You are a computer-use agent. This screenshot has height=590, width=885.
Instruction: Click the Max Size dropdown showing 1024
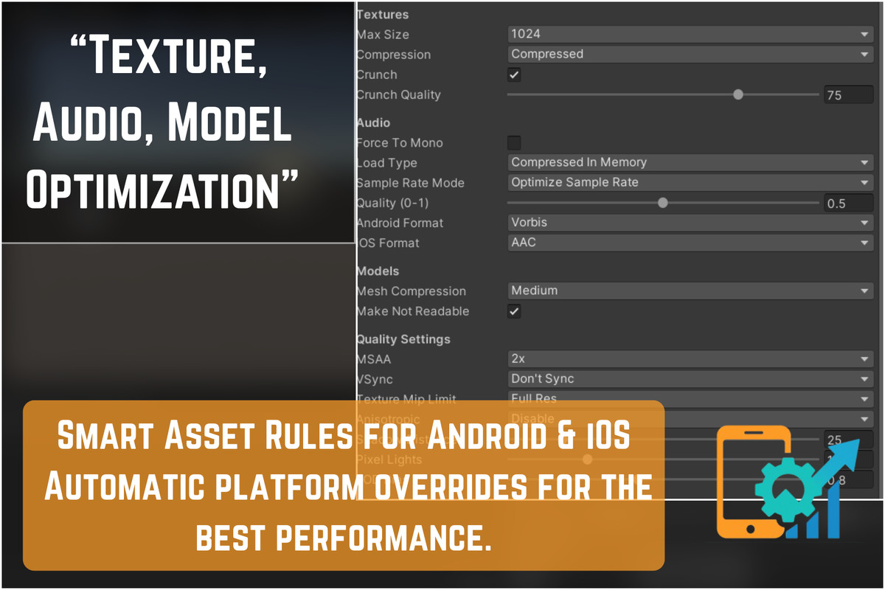click(690, 34)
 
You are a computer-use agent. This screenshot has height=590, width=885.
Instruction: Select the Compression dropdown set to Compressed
click(690, 54)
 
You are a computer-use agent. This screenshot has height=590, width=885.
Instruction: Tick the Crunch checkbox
click(514, 74)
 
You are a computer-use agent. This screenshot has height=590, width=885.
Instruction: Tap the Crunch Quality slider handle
click(737, 94)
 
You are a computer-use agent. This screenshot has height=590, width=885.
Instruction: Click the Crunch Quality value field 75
click(848, 95)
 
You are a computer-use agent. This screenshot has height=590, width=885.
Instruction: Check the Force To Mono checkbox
click(514, 142)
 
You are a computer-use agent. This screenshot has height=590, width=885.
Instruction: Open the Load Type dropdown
click(690, 162)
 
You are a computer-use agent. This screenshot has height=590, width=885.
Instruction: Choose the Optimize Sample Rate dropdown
click(690, 182)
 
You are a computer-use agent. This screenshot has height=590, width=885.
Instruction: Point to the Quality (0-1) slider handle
click(662, 203)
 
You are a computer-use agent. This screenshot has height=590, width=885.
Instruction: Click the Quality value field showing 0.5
click(848, 204)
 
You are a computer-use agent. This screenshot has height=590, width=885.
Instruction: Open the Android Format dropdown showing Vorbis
click(690, 222)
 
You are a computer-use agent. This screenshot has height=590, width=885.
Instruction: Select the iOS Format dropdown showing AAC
click(690, 242)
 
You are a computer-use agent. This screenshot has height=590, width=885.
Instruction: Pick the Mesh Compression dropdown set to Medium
click(690, 291)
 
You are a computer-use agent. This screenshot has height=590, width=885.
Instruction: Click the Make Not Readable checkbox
click(514, 311)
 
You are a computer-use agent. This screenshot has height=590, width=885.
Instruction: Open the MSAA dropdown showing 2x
click(690, 359)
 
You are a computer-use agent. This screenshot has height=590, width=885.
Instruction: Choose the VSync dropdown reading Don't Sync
click(690, 379)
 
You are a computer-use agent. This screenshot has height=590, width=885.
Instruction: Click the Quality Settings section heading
click(403, 339)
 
